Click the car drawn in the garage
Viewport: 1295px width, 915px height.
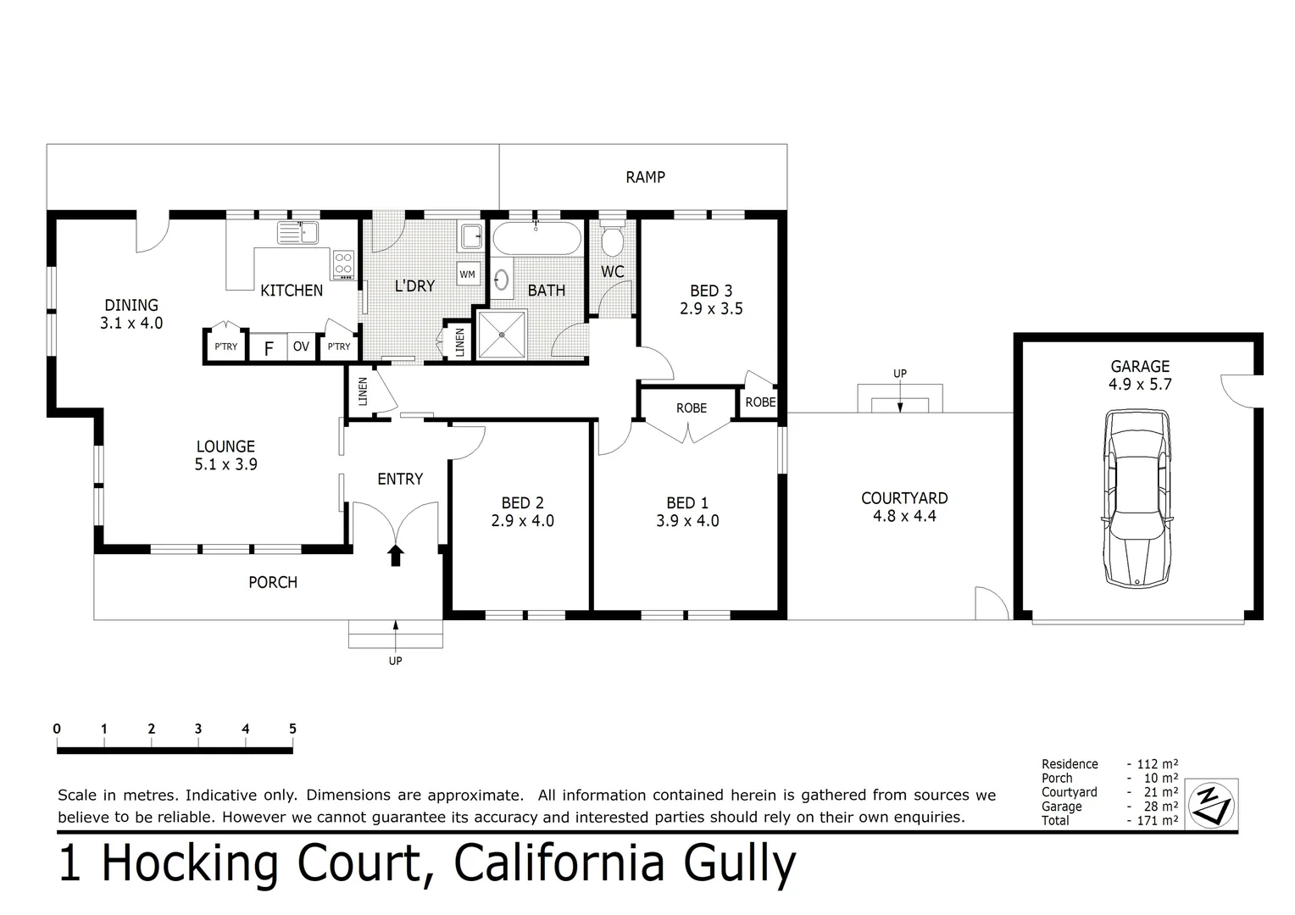click(x=1136, y=498)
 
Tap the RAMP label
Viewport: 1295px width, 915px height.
click(x=645, y=177)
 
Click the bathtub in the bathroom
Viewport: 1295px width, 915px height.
click(x=536, y=238)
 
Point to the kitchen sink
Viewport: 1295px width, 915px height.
click(x=297, y=231)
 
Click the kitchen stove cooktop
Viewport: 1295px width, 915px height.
click(x=343, y=263)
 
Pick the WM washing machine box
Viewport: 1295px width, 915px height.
click(x=467, y=274)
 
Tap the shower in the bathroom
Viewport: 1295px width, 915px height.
click(x=502, y=335)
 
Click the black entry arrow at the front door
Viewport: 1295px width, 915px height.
click(x=396, y=555)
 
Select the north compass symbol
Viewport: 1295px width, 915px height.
click(x=1212, y=803)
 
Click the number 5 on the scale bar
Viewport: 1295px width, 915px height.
click(x=292, y=729)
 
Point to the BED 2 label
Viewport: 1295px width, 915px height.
click(x=522, y=503)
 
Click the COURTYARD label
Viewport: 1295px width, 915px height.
click(x=904, y=498)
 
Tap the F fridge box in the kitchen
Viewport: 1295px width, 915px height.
click(x=269, y=347)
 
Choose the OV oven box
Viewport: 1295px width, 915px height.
click(x=301, y=347)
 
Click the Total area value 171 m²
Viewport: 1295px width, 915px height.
click(x=1156, y=820)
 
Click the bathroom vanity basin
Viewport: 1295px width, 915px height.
click(x=501, y=280)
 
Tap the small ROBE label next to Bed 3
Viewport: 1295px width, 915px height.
click(x=760, y=402)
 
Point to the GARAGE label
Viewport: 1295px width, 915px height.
click(x=1140, y=366)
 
